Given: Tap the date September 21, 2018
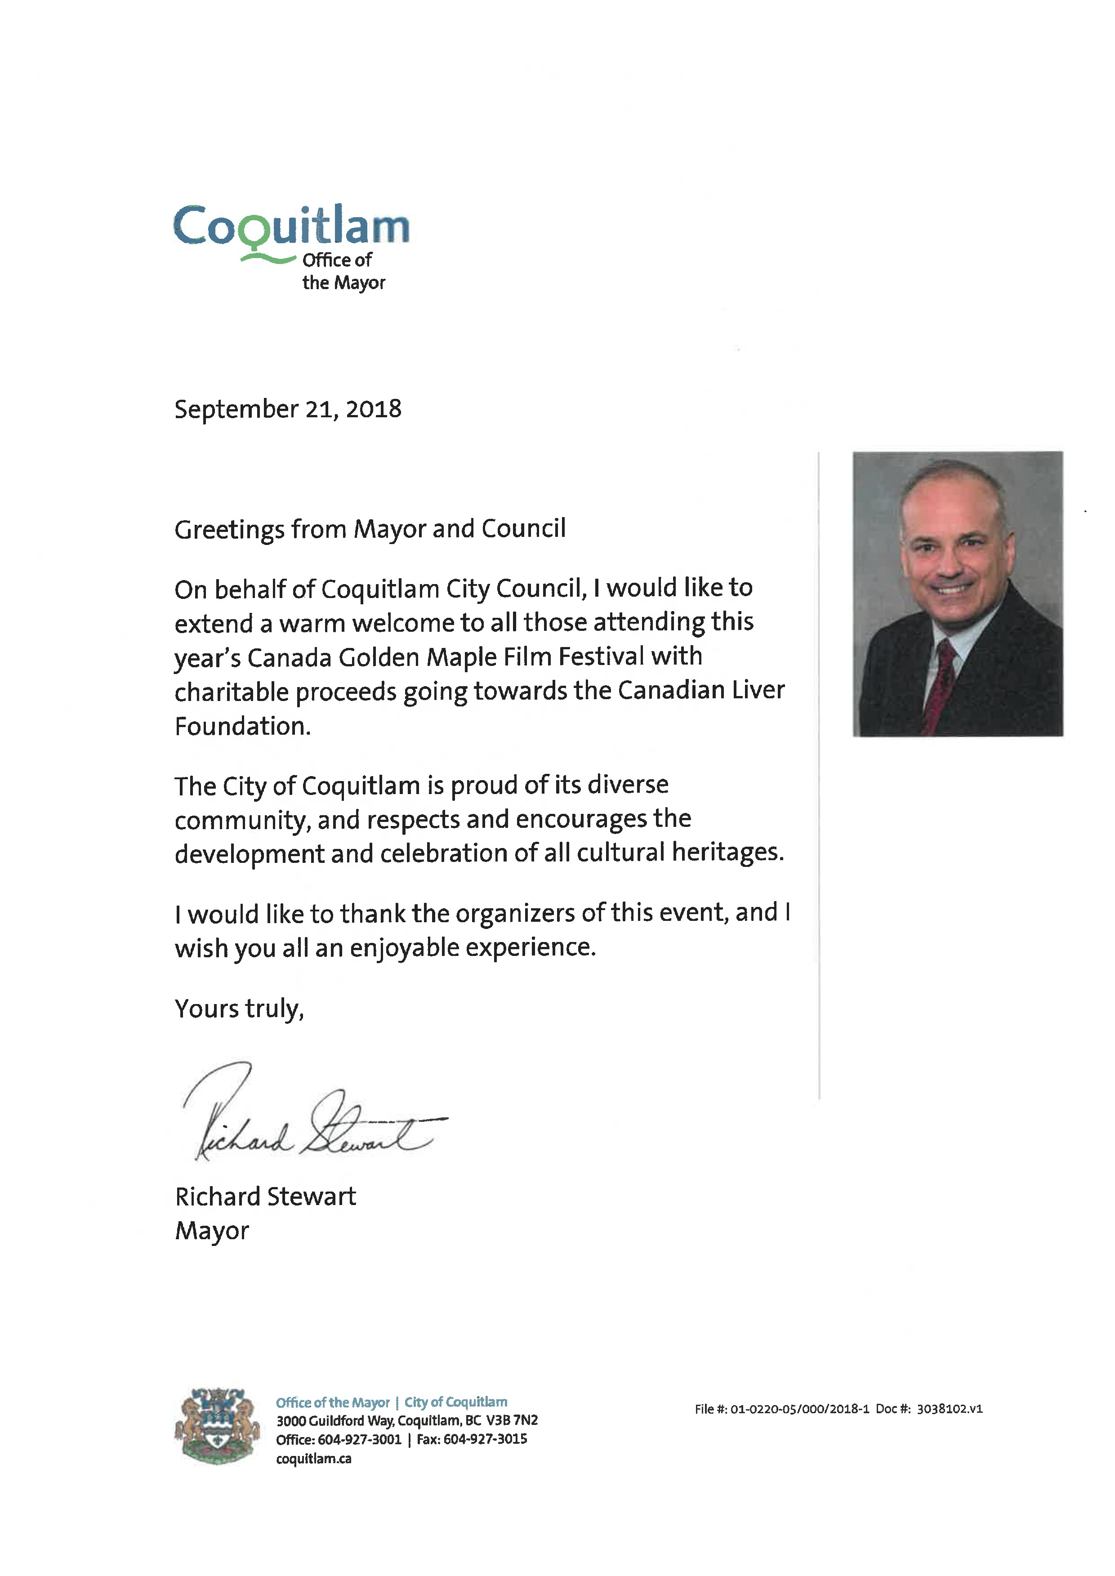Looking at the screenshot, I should [288, 409].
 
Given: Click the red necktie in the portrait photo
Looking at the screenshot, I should [940, 686].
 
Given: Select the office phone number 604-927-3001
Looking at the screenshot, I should [359, 1439].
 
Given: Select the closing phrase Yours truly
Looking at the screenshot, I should [239, 1009].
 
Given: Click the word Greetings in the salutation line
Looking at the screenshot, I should [229, 530].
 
